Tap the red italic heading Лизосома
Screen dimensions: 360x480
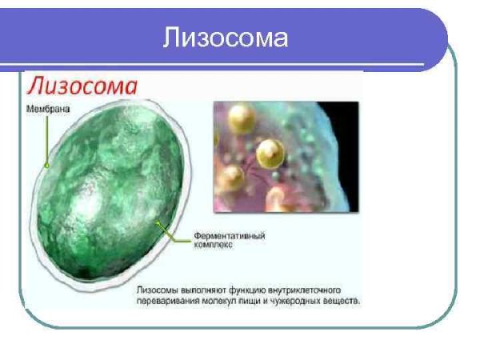(x=81, y=86)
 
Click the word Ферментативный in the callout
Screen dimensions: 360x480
(x=230, y=237)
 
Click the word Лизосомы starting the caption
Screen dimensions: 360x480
(x=159, y=292)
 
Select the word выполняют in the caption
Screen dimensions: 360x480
(x=206, y=292)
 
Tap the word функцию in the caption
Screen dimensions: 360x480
(x=250, y=292)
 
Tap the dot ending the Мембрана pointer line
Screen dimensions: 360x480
(x=47, y=166)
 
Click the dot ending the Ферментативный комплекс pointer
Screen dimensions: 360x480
(x=158, y=223)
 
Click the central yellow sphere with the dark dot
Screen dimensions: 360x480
(x=270, y=150)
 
